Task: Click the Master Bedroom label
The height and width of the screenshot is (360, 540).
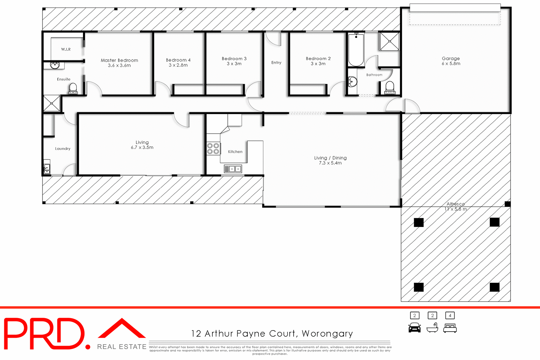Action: pos(119,60)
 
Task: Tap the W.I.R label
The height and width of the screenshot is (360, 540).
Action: pos(66,49)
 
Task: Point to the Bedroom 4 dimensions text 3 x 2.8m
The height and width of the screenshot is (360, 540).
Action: pos(178,65)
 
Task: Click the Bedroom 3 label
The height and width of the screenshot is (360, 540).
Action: pos(234,58)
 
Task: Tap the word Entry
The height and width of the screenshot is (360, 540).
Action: pos(276,62)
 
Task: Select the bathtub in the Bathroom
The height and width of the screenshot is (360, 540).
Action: pos(356,50)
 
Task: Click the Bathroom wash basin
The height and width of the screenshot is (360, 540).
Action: pos(352,82)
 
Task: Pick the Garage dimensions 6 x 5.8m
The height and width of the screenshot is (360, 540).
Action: pos(451,64)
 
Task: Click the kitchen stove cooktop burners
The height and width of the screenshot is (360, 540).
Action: pos(213,149)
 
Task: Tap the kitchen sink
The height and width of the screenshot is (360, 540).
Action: pos(233,169)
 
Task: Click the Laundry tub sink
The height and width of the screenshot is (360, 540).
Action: pos(47,169)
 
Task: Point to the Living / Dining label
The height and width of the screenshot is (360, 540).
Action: pos(330,158)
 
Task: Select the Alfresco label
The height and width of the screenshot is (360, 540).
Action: pos(456,204)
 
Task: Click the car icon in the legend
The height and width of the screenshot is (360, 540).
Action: pos(415,328)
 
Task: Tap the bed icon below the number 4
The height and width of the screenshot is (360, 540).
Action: pos(450,328)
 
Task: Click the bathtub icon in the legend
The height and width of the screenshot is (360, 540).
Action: pos(432,328)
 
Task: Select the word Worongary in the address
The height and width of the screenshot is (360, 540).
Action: pos(327,334)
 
